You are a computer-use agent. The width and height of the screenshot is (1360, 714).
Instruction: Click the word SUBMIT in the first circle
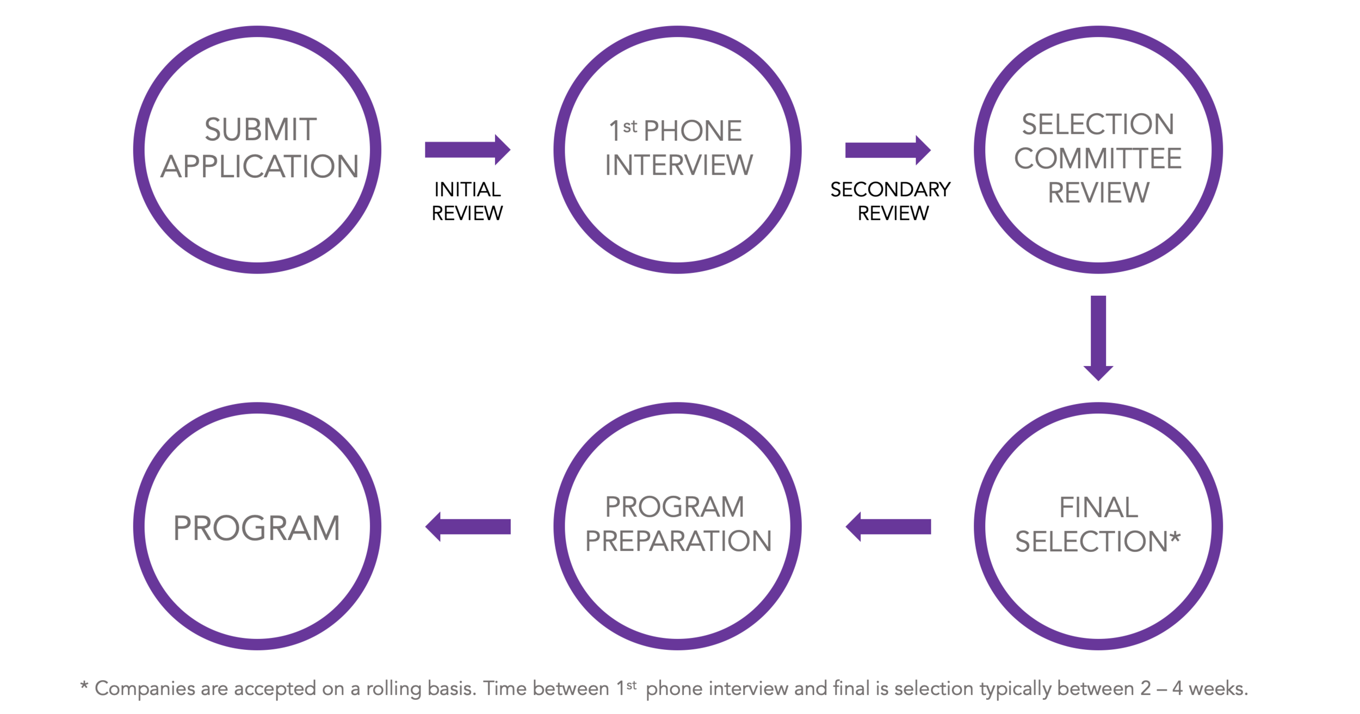coord(260,130)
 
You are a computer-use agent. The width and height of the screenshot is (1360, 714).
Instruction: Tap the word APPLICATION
coord(259,166)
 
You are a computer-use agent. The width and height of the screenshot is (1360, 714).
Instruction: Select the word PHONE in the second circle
coord(693,131)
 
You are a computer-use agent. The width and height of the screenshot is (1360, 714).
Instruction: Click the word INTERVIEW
coord(678,165)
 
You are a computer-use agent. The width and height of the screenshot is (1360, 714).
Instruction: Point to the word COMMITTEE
coord(1098,159)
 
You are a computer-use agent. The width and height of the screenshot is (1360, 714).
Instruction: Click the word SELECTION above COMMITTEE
coord(1098,125)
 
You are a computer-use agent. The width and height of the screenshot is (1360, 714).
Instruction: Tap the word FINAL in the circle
coord(1098,507)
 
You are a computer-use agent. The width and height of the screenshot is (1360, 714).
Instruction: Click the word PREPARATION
coord(678,542)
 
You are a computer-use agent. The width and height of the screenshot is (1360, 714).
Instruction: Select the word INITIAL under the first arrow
coord(467,190)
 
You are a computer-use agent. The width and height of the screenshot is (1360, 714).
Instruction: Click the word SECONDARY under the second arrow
coord(890,190)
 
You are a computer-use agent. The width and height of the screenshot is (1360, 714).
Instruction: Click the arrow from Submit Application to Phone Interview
coord(467,150)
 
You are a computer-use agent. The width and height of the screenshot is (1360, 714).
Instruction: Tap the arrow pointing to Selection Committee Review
coord(888,150)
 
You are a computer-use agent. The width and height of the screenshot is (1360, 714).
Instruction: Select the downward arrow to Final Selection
coord(1098,338)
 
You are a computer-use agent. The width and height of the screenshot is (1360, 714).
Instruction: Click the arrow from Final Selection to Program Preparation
coord(888,526)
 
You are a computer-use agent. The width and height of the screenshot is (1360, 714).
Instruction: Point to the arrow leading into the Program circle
coord(467,526)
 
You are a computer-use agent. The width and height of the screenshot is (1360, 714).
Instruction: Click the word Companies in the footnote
coord(145,688)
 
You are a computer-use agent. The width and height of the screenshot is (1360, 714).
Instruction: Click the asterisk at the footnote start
coord(84,685)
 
